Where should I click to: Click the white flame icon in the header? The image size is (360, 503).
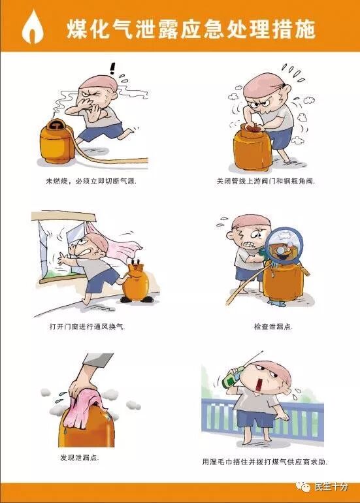point(33,27)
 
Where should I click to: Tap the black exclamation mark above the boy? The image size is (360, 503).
point(112,69)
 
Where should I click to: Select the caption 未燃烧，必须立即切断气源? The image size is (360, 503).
point(91,181)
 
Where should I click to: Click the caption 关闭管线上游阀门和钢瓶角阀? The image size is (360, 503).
point(266,181)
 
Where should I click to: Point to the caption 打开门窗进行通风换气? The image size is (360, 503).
point(87,327)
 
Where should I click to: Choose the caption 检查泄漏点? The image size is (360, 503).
point(273,327)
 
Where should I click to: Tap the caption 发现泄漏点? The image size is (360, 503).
point(80,457)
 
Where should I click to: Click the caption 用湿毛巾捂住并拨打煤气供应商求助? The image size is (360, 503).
point(265,462)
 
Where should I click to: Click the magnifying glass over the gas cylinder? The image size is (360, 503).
point(284,246)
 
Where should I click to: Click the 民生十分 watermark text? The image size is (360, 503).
point(331,486)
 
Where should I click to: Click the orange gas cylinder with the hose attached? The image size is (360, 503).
point(57,142)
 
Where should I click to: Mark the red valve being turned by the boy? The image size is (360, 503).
point(252,127)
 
